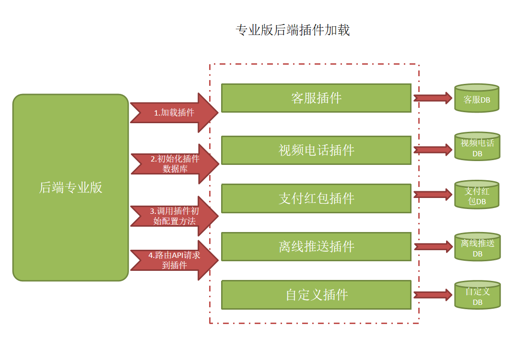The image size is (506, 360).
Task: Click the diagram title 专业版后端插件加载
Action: (x=293, y=30)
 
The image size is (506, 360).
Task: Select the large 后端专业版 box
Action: (x=71, y=187)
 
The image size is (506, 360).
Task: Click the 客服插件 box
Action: (x=316, y=98)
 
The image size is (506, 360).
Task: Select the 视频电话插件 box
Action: (x=316, y=150)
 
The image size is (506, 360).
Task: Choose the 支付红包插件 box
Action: (x=316, y=198)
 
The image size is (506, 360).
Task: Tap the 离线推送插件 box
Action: (x=316, y=246)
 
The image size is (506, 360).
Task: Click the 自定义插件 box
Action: (x=316, y=294)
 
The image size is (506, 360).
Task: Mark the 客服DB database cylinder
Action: (x=477, y=98)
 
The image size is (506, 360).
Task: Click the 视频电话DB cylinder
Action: (x=477, y=148)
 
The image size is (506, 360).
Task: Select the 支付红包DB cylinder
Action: (x=477, y=195)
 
